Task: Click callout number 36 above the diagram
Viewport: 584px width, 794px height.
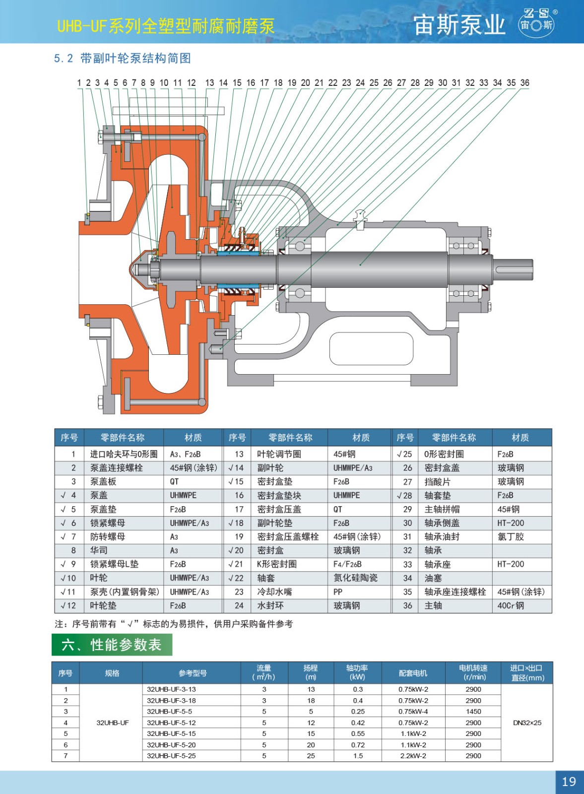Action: [524, 83]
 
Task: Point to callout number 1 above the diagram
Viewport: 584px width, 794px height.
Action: [79, 83]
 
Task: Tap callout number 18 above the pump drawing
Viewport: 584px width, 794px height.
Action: [278, 83]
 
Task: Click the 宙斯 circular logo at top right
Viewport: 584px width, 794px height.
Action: [537, 22]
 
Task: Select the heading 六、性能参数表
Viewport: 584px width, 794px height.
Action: [112, 645]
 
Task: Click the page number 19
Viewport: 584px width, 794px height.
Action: [569, 781]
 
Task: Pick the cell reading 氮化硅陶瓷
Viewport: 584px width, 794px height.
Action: [355, 578]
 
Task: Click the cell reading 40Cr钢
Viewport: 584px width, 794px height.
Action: [511, 606]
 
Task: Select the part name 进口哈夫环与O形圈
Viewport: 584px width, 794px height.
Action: [124, 455]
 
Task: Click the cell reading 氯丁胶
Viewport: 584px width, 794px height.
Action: [511, 537]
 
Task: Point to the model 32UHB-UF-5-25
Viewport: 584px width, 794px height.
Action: [171, 756]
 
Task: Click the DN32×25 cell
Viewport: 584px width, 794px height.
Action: [527, 723]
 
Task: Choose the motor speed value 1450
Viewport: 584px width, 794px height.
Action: [473, 712]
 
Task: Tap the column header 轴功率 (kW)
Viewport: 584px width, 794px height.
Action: [357, 672]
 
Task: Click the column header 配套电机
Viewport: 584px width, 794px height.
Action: [413, 673]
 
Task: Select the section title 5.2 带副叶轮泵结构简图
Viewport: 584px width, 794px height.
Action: [122, 58]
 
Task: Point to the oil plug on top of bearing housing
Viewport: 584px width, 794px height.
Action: [360, 219]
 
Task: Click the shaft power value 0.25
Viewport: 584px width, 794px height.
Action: [358, 712]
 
